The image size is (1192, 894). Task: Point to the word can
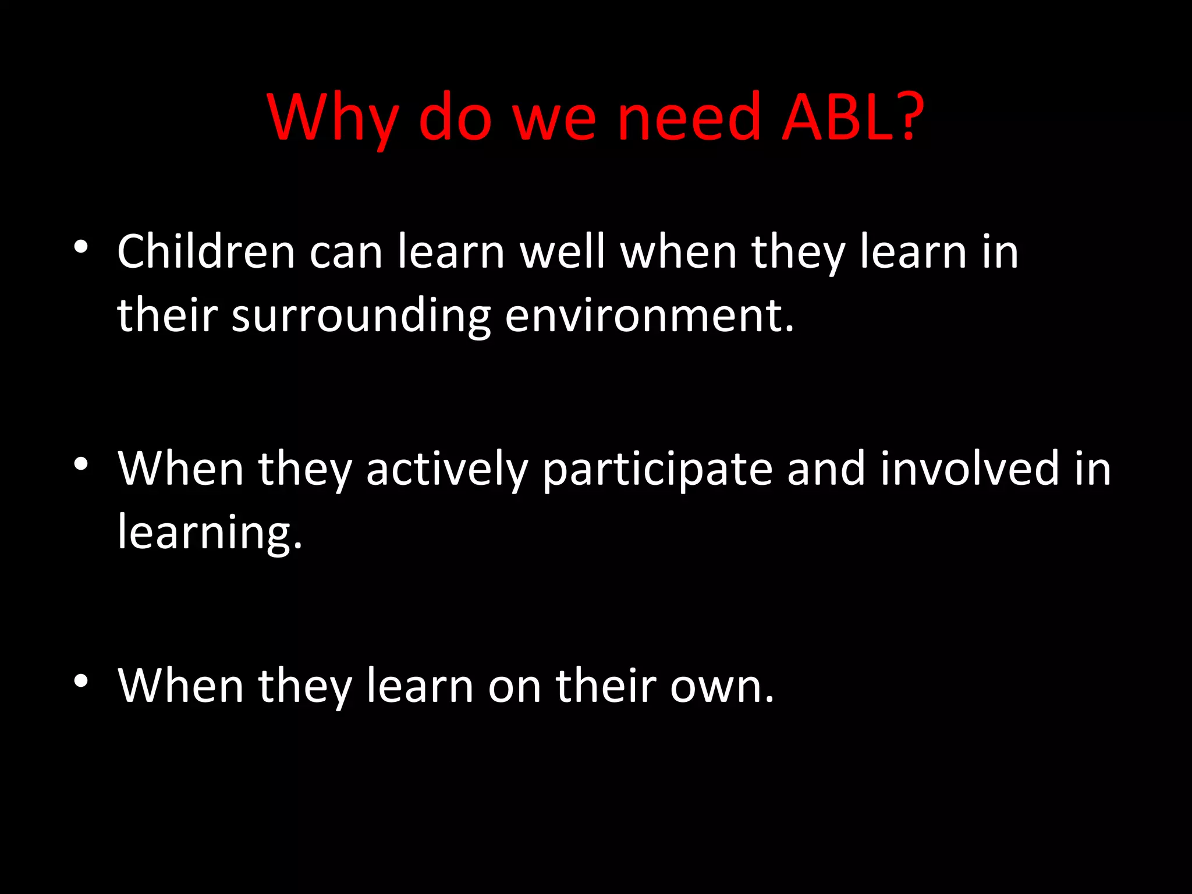click(x=346, y=254)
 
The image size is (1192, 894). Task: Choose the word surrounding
click(x=361, y=317)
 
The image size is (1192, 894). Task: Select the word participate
click(x=657, y=470)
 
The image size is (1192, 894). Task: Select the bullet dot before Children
click(x=81, y=247)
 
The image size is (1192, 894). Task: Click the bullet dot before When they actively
click(x=81, y=464)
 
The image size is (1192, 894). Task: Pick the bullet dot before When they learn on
click(x=81, y=680)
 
